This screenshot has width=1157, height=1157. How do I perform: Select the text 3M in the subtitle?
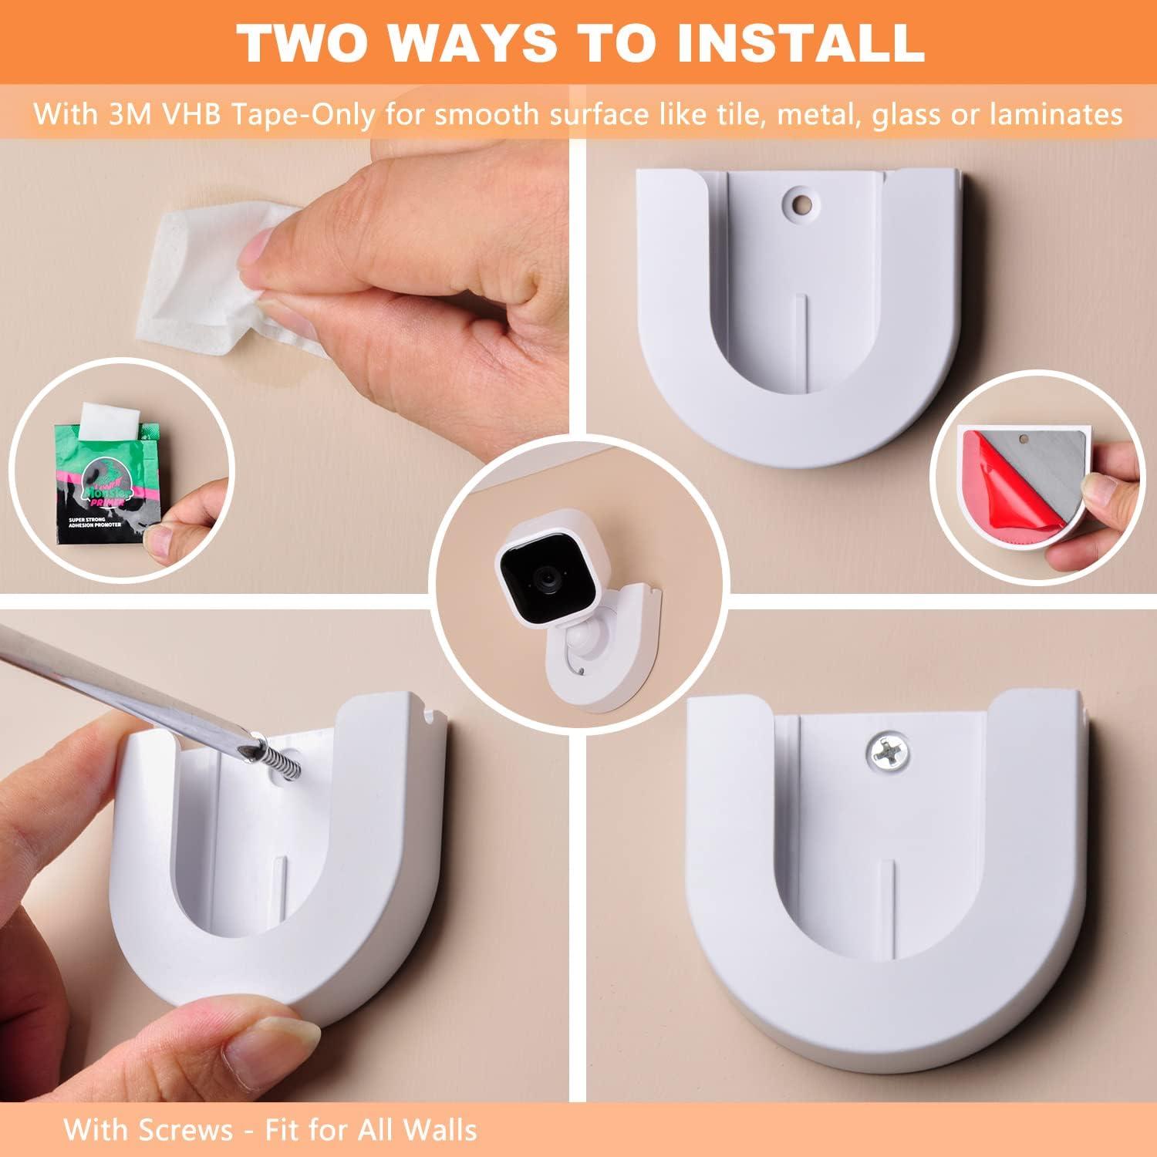(124, 115)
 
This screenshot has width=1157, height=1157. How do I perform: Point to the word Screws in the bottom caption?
(185, 1130)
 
